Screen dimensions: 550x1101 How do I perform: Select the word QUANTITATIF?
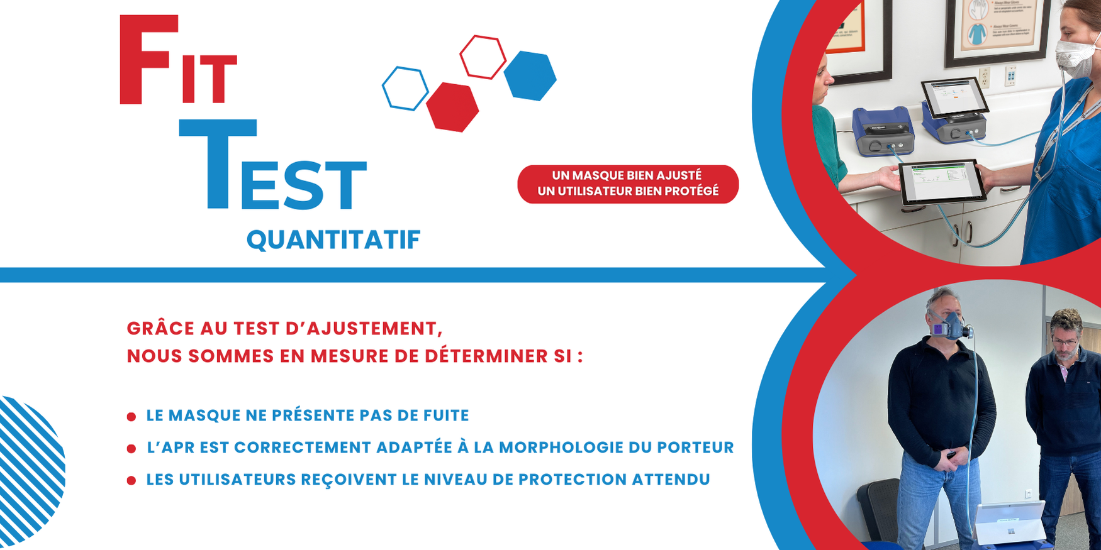333,239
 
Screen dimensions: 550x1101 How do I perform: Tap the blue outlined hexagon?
405,89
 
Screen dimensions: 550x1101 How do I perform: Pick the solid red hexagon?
452,107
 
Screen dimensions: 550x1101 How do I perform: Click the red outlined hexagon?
483,57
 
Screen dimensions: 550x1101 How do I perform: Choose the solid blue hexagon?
530,75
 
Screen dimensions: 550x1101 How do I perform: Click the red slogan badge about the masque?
627,184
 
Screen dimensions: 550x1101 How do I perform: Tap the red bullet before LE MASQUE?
131,417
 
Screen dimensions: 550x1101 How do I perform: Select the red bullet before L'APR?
131,449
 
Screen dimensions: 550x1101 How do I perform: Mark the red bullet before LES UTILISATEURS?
131,481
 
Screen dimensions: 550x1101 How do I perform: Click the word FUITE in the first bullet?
447,415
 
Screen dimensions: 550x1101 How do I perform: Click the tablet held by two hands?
940,182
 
